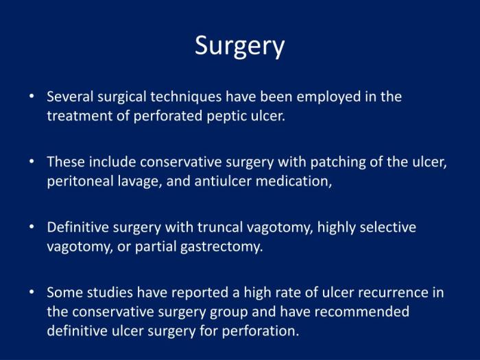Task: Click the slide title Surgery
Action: pyautogui.click(x=239, y=46)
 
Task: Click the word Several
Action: pyautogui.click(x=69, y=97)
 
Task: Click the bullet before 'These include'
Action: pyautogui.click(x=32, y=162)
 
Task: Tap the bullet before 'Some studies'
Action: pyautogui.click(x=32, y=292)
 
